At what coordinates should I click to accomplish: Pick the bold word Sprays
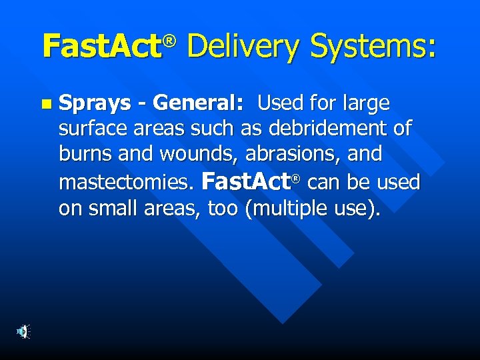point(95,104)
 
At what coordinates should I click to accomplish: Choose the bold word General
point(197,103)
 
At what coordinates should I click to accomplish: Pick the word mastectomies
point(126,182)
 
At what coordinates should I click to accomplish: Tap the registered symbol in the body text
point(296,178)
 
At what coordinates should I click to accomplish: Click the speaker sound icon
point(23,331)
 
